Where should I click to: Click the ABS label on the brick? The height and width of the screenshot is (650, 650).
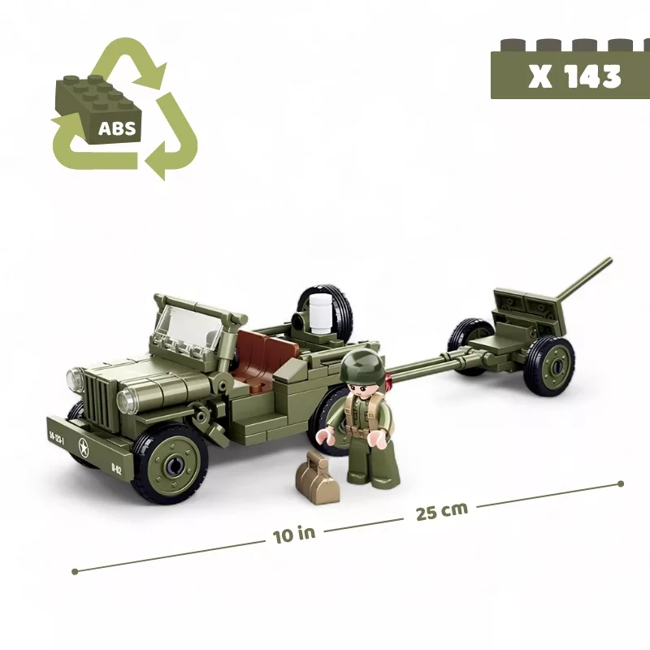coord(117,128)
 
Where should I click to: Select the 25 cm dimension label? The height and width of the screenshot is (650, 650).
coord(441,511)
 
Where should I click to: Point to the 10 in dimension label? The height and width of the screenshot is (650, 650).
coord(294,535)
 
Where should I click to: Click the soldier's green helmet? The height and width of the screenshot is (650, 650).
coord(357,365)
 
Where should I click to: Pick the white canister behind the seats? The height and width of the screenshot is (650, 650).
coord(319,314)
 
